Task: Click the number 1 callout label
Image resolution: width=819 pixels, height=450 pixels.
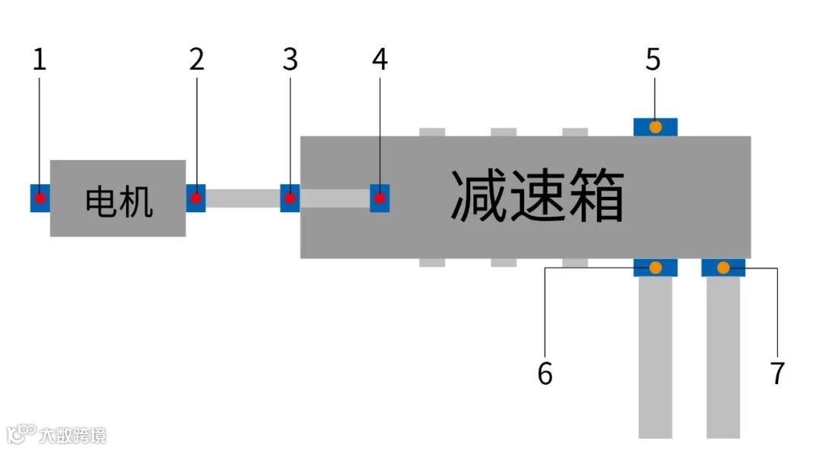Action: (39, 60)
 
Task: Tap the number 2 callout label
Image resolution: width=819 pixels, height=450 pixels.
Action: (196, 60)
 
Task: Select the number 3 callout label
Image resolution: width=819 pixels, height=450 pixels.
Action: (290, 60)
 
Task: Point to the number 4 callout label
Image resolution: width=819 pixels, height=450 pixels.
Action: (380, 60)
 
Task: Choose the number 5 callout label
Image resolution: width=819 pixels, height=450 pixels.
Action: (653, 60)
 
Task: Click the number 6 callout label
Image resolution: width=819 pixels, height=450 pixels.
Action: (545, 373)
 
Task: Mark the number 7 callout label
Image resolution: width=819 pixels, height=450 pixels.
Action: (777, 373)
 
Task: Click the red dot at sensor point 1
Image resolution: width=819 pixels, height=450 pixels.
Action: (40, 198)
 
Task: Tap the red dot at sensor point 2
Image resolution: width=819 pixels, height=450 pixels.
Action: (196, 198)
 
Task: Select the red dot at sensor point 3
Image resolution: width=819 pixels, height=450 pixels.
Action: (290, 198)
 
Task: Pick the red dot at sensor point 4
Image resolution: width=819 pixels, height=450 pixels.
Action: (380, 198)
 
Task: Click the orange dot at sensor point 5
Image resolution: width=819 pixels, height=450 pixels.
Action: (655, 127)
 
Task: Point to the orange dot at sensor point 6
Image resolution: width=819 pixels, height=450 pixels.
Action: (655, 267)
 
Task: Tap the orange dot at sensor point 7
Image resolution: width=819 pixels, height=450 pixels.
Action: (723, 267)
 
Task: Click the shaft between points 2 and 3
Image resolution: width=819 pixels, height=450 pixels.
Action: (243, 198)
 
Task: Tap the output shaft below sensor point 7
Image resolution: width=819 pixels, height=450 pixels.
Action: (723, 356)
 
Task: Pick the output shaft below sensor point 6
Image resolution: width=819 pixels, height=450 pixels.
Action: (655, 356)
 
